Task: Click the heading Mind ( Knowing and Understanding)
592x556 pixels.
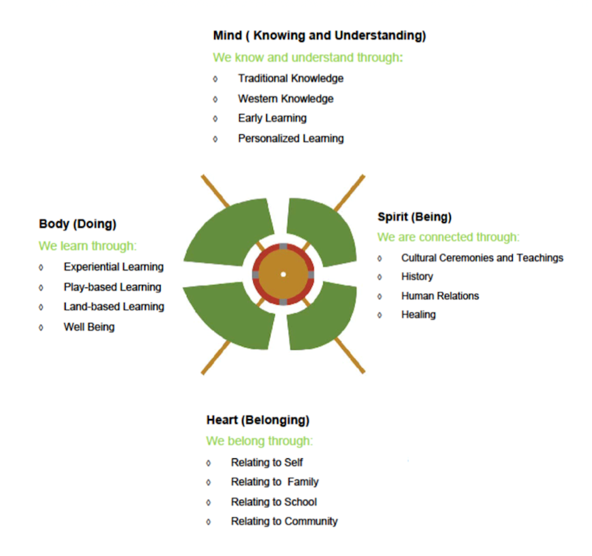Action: tap(319, 35)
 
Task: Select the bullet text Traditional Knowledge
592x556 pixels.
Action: tap(291, 78)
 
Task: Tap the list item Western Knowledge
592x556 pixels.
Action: tap(285, 98)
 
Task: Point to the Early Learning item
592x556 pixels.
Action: tap(272, 118)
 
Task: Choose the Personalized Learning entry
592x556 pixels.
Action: tap(291, 138)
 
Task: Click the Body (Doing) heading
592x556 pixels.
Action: tap(77, 224)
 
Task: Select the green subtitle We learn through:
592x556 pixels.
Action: tap(87, 245)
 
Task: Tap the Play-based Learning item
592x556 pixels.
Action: tap(112, 287)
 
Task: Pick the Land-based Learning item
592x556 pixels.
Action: tap(114, 306)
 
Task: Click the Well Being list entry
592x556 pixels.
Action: tap(89, 327)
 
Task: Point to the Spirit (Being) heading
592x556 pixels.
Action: tap(415, 217)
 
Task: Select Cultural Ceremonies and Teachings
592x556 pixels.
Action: tap(482, 258)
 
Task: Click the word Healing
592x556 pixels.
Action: tap(418, 315)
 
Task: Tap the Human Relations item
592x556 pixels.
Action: tap(440, 296)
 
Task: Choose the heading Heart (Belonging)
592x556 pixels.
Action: tap(258, 420)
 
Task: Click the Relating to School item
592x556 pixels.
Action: tap(274, 502)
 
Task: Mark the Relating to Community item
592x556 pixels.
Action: tap(284, 521)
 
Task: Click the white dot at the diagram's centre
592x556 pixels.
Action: tap(283, 274)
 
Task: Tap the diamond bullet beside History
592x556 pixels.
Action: tap(379, 277)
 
